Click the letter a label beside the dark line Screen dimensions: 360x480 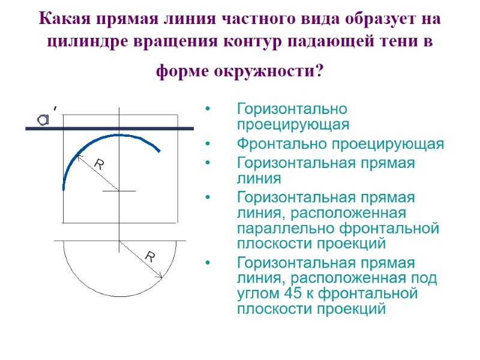coord(44,120)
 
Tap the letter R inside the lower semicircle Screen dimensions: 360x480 coord(150,258)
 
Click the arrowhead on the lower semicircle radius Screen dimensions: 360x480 coord(160,275)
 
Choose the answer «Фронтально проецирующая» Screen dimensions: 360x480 coord(340,145)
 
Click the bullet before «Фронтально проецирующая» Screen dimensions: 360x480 coord(208,145)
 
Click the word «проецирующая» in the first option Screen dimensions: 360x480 coord(293,124)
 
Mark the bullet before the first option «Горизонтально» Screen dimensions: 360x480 coord(208,110)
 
